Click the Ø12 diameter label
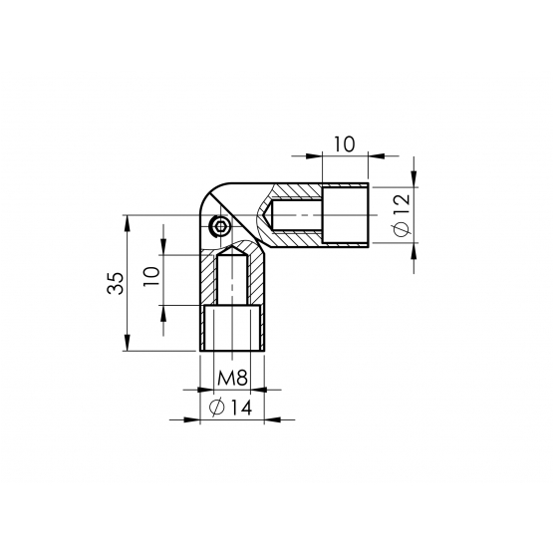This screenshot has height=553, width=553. tap(402, 215)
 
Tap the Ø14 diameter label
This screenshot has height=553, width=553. tap(230, 408)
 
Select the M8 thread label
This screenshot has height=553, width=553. tap(232, 378)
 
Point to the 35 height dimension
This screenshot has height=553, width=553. tap(116, 283)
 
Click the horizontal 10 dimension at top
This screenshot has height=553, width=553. tap(344, 144)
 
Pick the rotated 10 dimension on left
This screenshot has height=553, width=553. tap(152, 277)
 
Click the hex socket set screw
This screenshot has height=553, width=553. tap(220, 225)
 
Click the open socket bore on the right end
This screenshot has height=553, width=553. tap(346, 215)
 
